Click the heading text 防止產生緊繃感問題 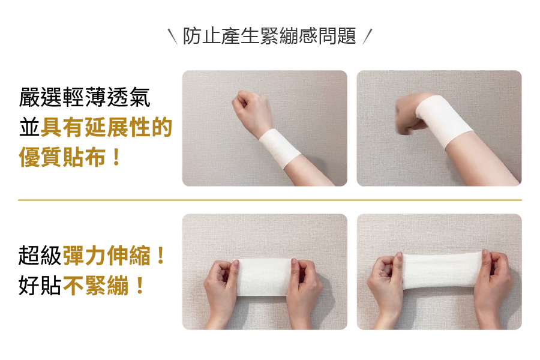pyautogui.click(x=269, y=36)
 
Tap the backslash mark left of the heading pyautogui.click(x=172, y=37)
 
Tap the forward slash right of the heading pyautogui.click(x=368, y=37)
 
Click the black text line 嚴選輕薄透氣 pyautogui.click(x=85, y=97)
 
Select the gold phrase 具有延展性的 pyautogui.click(x=106, y=127)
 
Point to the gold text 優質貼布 pyautogui.click(x=62, y=157)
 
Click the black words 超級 pyautogui.click(x=40, y=255)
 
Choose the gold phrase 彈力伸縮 pyautogui.click(x=107, y=255)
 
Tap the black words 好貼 pyautogui.click(x=40, y=285)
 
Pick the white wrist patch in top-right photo pyautogui.click(x=443, y=121)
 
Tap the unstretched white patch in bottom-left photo pyautogui.click(x=265, y=277)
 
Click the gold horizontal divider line pyautogui.click(x=270, y=200)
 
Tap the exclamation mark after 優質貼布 pyautogui.click(x=116, y=157)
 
